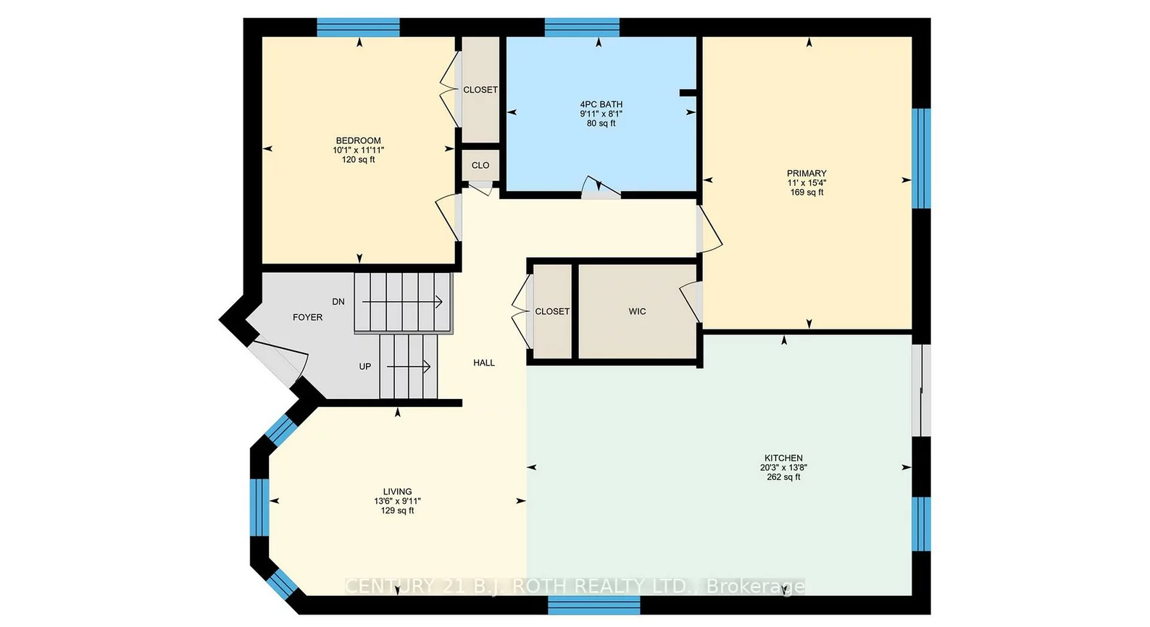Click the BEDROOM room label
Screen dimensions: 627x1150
point(358,140)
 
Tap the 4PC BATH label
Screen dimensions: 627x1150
point(601,104)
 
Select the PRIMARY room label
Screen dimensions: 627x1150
point(807,173)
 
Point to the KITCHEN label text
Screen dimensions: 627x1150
point(783,458)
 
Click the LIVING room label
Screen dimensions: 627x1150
point(397,492)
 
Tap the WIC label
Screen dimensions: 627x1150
point(637,311)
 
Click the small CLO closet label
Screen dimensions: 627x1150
point(480,165)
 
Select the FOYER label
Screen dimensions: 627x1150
point(307,317)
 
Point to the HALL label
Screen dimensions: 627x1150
point(484,363)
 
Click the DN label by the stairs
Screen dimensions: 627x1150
point(338,301)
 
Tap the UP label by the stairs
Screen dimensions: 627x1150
point(365,366)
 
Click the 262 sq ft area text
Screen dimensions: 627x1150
point(783,477)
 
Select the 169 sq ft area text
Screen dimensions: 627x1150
point(807,193)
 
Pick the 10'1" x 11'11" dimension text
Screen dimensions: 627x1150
point(358,150)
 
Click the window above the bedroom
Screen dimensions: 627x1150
point(358,28)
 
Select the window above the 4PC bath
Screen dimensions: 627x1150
point(582,28)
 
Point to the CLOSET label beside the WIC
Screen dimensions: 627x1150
point(552,311)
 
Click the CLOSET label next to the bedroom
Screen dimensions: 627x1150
point(480,90)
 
